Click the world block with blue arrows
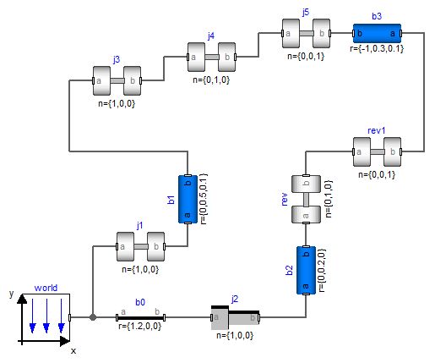tap(46, 318)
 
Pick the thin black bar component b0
tap(139, 316)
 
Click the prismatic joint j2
tap(236, 318)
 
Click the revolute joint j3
tap(117, 81)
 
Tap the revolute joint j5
tap(306, 35)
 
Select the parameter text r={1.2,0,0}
tap(141, 326)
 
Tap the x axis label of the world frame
tap(73, 349)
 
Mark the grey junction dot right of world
tap(93, 317)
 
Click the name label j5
tap(306, 12)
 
